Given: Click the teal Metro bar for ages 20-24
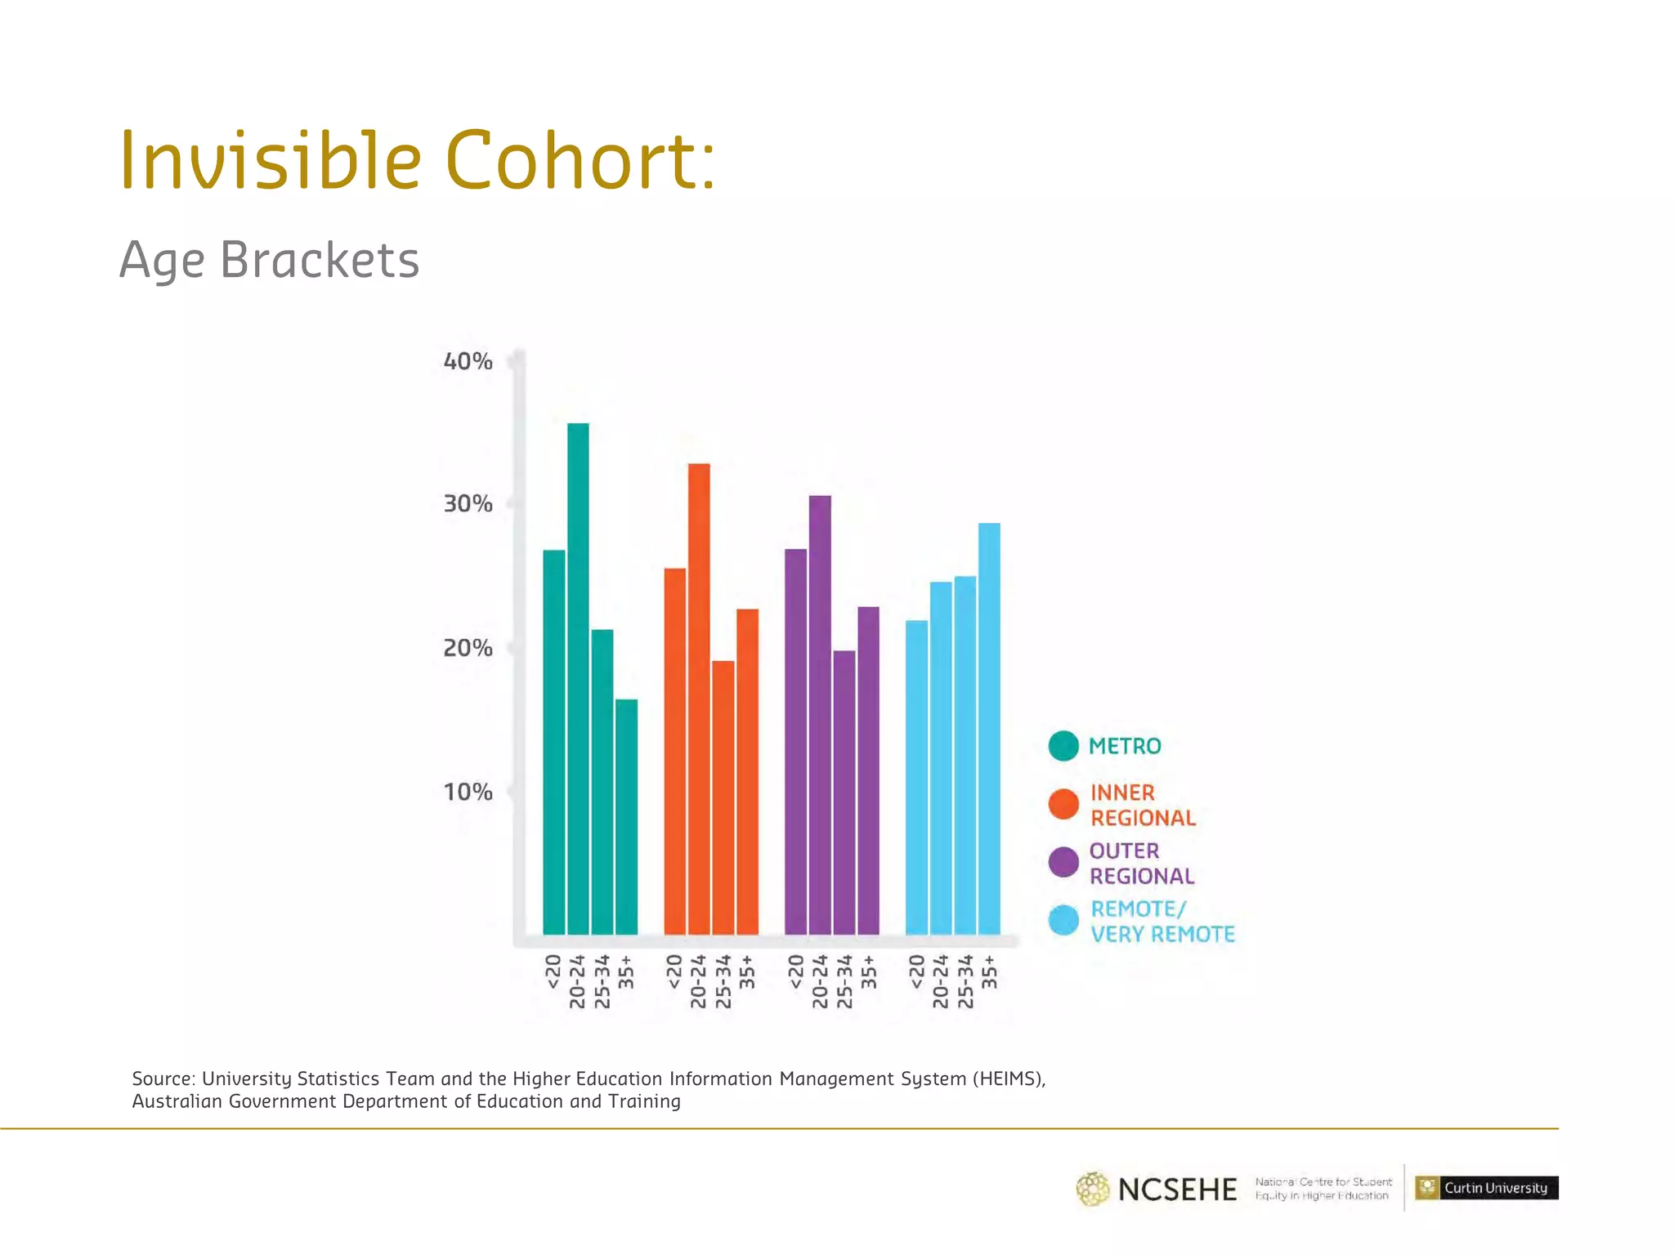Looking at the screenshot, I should [578, 678].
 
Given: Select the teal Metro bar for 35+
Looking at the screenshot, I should [626, 816].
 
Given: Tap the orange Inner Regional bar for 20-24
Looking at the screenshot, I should [699, 699].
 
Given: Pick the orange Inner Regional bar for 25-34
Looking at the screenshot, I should [723, 797].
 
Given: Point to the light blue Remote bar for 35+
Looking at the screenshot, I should [989, 728].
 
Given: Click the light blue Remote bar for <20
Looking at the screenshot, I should [916, 777].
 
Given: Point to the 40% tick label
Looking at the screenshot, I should [468, 361].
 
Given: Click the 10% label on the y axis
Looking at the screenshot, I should [468, 792].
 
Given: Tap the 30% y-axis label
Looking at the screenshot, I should [468, 504].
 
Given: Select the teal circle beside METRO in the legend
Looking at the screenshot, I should [1063, 745].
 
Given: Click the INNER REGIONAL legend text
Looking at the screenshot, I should [1142, 805].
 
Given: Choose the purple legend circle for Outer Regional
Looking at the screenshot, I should [1063, 862].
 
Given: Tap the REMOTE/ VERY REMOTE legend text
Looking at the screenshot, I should [1162, 921].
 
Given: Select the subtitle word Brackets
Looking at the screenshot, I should [320, 260].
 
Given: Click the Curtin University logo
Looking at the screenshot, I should [1486, 1187].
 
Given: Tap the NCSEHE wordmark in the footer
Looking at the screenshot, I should [1176, 1189].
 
